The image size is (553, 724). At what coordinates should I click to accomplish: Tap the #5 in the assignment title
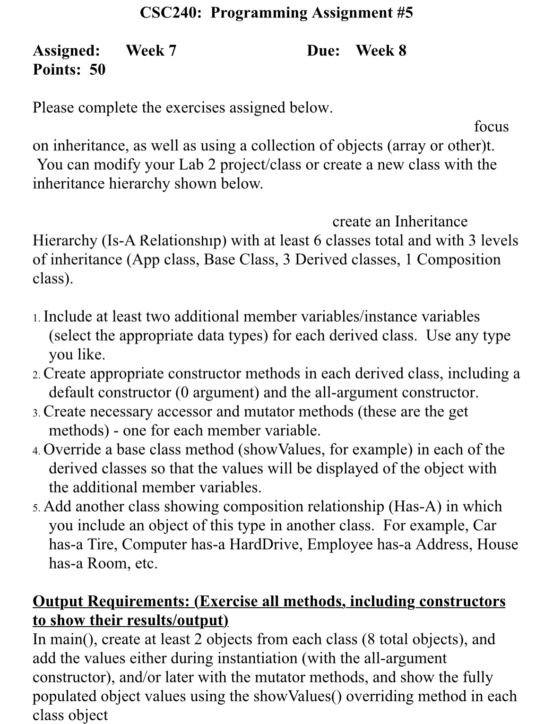pos(403,13)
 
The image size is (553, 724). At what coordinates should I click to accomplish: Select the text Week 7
pos(151,51)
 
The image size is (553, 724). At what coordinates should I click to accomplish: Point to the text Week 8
pos(381,51)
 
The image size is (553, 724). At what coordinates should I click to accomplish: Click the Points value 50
pos(97,69)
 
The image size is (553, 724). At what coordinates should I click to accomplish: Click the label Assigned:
pos(66,51)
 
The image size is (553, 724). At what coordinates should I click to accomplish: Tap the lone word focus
pos(491,127)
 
